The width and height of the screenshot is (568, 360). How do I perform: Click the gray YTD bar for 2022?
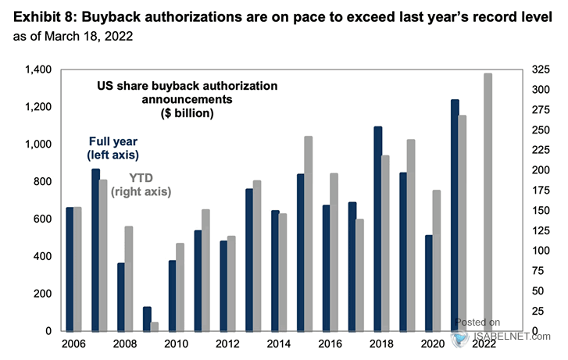pos(488,202)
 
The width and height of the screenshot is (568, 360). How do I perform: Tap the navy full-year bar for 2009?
pos(147,319)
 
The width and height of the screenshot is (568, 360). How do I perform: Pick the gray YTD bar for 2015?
pos(309,233)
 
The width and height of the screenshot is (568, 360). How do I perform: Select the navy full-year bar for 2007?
pos(95,250)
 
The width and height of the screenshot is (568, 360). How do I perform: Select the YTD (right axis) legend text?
pos(141,184)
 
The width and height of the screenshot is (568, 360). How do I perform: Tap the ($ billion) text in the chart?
pos(188,113)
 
